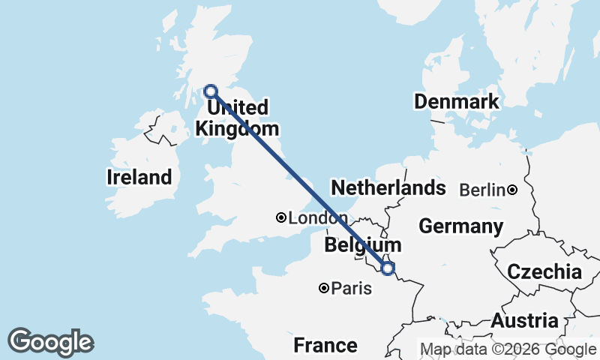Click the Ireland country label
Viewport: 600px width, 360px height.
point(139,178)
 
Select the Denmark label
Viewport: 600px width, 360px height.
point(457,102)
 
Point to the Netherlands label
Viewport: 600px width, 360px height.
point(388,187)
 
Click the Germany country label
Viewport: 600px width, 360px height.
point(460,226)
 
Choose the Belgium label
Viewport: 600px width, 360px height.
point(363,245)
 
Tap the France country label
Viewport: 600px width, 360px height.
point(325,346)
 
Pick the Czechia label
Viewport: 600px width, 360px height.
point(545,272)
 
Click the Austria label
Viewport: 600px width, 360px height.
point(525,321)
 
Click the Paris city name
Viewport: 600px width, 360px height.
point(346,288)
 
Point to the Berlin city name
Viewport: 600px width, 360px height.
point(481,190)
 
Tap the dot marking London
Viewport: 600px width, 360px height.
point(281,218)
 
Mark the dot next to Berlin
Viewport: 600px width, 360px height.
point(512,190)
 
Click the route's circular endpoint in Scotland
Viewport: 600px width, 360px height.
point(211,91)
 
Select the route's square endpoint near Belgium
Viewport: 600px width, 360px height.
point(388,268)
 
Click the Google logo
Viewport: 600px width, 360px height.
point(50,342)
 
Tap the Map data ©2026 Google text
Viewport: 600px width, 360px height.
point(508,349)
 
